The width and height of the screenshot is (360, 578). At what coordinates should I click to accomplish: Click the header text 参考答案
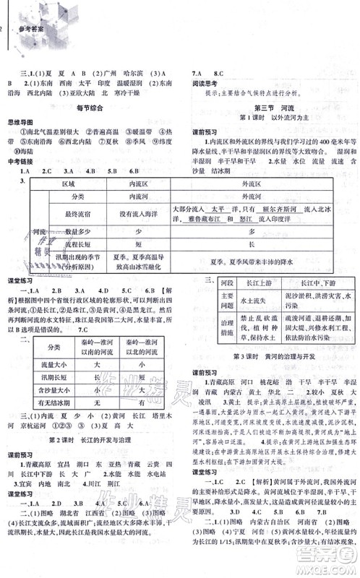coord(30,9)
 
